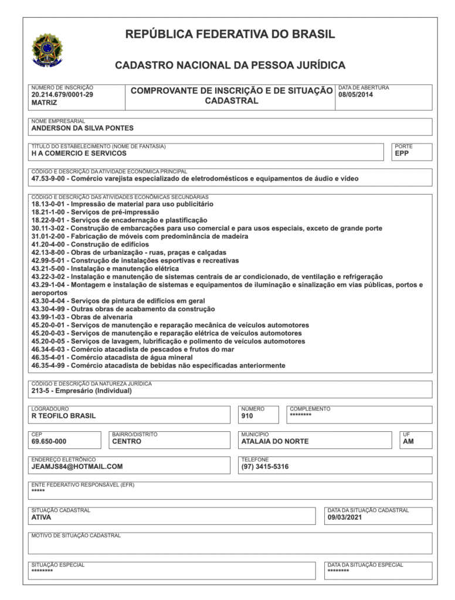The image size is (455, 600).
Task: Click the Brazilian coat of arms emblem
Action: (47, 50)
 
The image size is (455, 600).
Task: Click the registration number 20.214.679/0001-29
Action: (62, 94)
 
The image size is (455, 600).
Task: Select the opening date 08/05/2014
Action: (356, 94)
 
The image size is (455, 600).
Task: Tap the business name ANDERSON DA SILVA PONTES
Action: (82, 128)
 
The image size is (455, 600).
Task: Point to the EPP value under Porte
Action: (402, 154)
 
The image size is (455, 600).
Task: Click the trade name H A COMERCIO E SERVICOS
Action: (79, 154)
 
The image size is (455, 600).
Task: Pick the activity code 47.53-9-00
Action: (50, 179)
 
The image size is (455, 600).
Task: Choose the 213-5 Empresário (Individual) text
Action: (82, 391)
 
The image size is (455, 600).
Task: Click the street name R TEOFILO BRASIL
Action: (63, 416)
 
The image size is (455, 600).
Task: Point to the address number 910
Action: (247, 416)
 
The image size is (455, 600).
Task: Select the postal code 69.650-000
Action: (49, 442)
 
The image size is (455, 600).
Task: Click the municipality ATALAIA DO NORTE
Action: (275, 442)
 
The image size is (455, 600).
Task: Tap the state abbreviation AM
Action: (408, 442)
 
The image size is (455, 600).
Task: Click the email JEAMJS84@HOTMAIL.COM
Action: (77, 467)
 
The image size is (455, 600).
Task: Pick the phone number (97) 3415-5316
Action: (265, 467)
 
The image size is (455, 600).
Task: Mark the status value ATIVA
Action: (41, 517)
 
